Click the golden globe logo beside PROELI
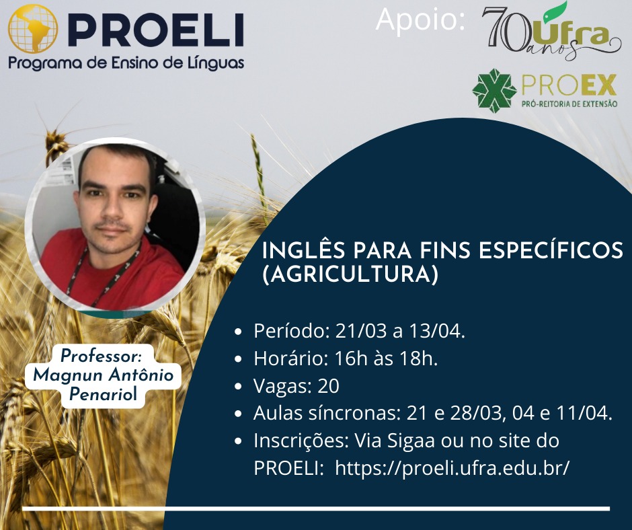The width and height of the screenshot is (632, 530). [33, 29]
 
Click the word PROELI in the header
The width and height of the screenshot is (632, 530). [155, 30]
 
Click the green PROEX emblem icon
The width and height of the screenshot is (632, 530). [495, 91]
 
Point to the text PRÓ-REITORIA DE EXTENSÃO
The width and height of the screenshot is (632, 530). [569, 104]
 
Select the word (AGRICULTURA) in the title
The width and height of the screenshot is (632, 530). [350, 275]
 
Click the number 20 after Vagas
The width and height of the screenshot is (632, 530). [329, 386]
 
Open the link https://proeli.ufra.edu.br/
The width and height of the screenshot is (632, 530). [452, 469]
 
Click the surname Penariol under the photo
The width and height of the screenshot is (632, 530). [103, 394]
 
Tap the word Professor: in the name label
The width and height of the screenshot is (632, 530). [101, 356]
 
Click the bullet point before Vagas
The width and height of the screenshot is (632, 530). [238, 387]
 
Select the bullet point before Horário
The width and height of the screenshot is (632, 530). [238, 359]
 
